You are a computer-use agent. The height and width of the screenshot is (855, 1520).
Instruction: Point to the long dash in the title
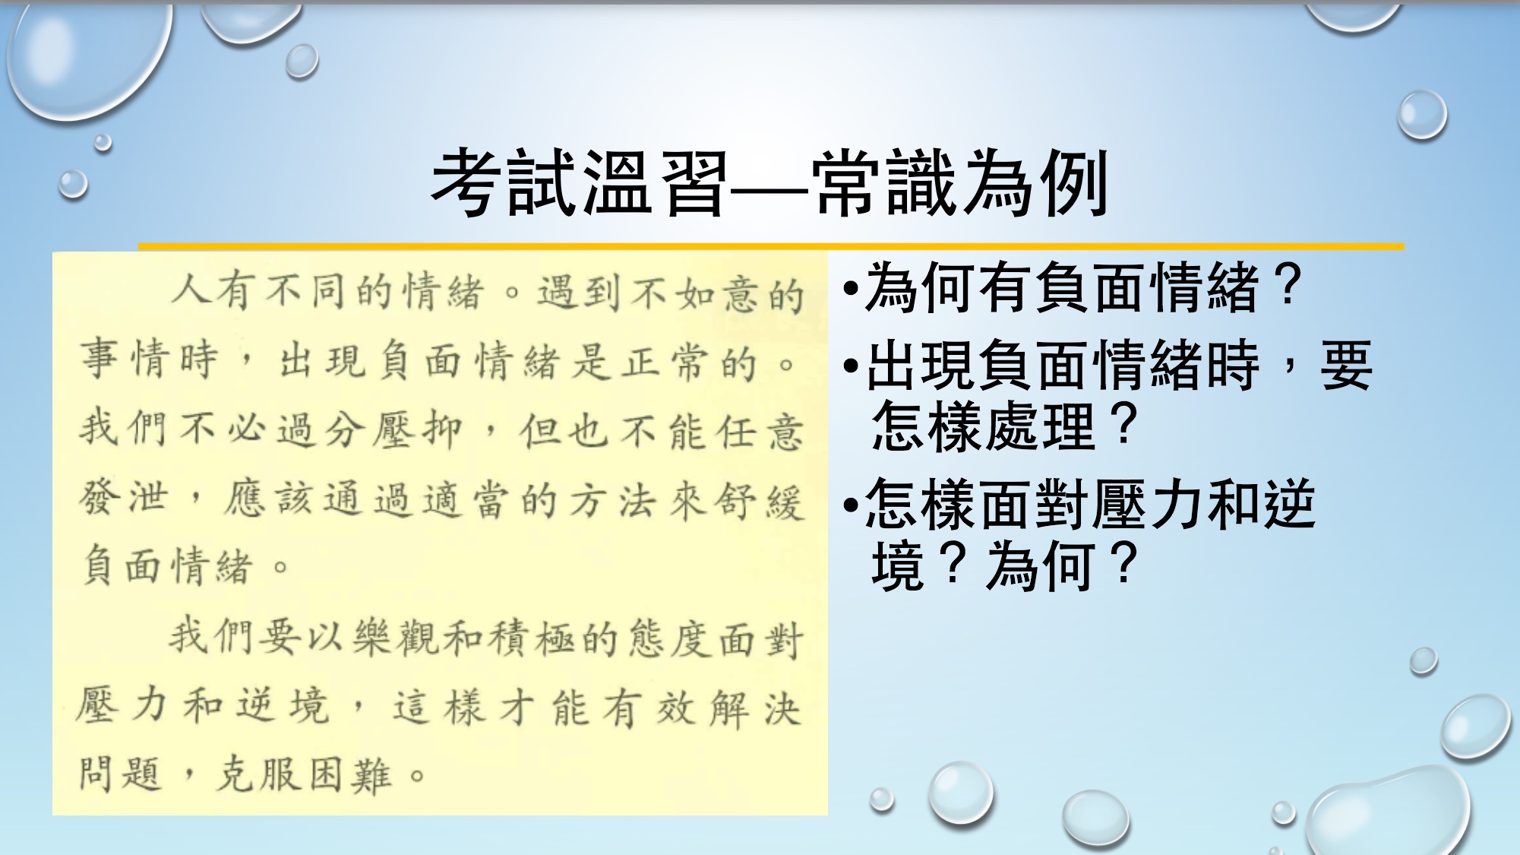(769, 185)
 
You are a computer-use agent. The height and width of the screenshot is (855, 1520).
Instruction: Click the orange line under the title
(771, 246)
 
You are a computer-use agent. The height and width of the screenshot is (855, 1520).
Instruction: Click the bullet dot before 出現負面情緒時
(852, 366)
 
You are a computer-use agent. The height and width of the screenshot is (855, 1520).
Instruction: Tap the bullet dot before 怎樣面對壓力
(852, 505)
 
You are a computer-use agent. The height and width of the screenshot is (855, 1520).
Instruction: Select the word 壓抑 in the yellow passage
(417, 430)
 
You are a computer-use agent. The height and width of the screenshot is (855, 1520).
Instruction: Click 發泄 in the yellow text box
(123, 499)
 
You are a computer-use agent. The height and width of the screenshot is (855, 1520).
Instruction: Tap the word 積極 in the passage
(532, 638)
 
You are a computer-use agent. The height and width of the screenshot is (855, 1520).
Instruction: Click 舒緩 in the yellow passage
(759, 502)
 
